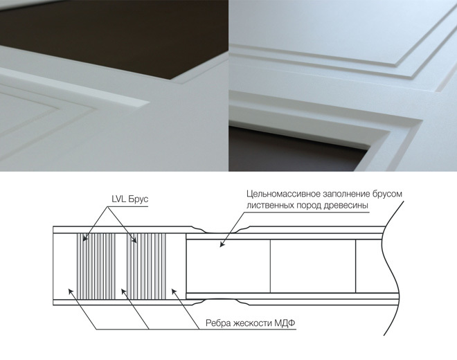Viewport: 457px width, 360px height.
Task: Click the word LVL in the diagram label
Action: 118,199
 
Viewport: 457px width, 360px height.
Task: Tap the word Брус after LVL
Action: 138,199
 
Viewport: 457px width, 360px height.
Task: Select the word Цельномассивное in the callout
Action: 283,194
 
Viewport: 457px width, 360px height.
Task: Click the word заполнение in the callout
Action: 346,194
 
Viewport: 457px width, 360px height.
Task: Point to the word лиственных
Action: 270,205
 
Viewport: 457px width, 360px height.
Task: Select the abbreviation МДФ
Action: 285,323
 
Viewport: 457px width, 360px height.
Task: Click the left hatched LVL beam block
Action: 96,267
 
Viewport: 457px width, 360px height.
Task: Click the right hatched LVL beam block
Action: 146,267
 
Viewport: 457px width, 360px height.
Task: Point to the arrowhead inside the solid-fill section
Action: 222,244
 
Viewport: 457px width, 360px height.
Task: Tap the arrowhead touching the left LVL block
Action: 84,238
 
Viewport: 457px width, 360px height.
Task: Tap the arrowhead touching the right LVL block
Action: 134,240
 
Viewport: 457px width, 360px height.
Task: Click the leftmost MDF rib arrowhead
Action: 71,291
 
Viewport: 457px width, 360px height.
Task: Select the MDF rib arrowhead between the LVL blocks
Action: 123,291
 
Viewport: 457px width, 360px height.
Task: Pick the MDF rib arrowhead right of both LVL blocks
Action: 174,291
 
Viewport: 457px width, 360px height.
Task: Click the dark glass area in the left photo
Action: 116,35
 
